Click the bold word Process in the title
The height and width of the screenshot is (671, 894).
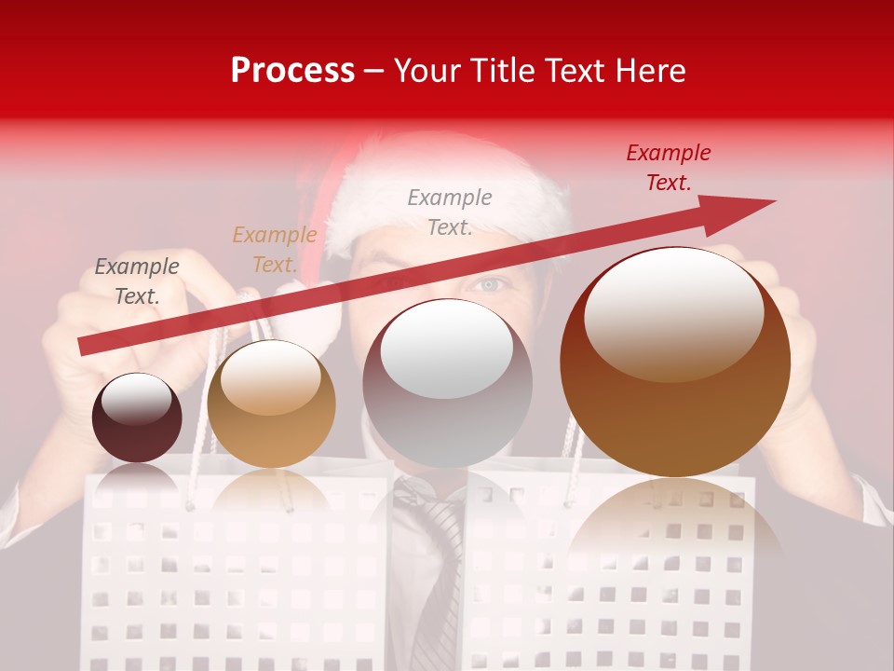tap(292, 71)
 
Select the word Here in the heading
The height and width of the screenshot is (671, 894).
tap(649, 71)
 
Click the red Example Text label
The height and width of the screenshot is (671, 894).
tap(668, 168)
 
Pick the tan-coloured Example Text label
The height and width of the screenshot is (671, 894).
tap(274, 250)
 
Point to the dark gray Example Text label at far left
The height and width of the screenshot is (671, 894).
tap(137, 281)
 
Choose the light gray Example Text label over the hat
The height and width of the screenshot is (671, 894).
tap(450, 212)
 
